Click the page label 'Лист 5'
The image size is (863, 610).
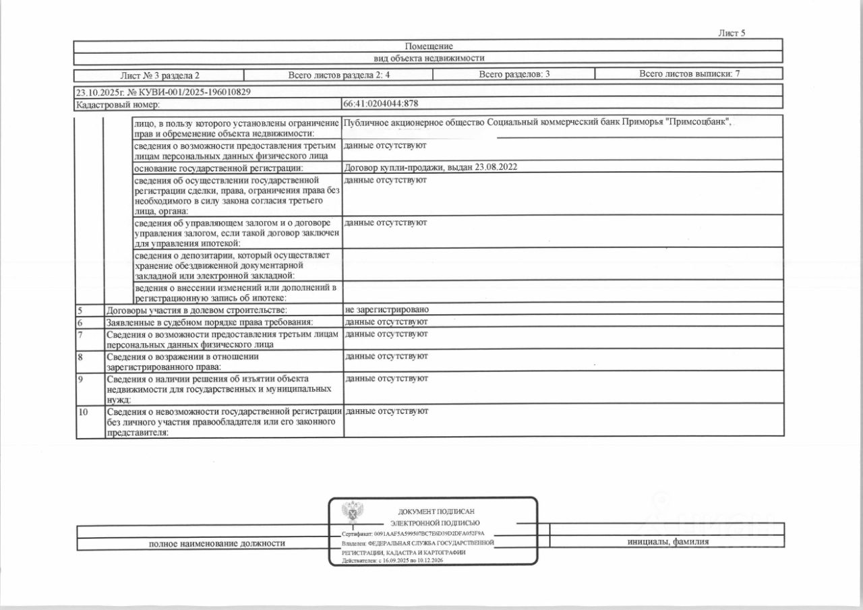pos(732,33)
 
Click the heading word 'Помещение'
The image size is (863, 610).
pos(429,46)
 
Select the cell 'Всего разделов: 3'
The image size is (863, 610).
pos(514,74)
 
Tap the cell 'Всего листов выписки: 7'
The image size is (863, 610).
pos(689,74)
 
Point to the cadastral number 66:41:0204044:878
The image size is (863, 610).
pos(381,104)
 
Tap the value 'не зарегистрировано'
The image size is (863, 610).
pos(386,309)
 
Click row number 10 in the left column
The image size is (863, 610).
pos(84,411)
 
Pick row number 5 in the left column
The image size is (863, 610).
pos(80,310)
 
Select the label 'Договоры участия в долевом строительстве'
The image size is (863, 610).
pos(197,310)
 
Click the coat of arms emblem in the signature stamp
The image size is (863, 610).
pos(351,514)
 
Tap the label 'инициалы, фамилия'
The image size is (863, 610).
pos(667,542)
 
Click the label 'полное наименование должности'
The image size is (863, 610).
pos(216,543)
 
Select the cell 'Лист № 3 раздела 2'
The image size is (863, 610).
pos(160,75)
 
